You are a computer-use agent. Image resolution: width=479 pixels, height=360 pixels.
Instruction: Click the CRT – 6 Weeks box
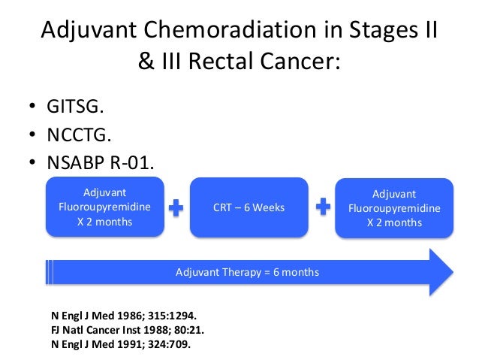tap(248, 207)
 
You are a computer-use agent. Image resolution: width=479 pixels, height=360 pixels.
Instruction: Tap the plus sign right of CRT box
tap(324, 207)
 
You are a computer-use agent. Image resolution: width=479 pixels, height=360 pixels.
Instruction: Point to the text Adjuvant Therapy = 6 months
tap(247, 272)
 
